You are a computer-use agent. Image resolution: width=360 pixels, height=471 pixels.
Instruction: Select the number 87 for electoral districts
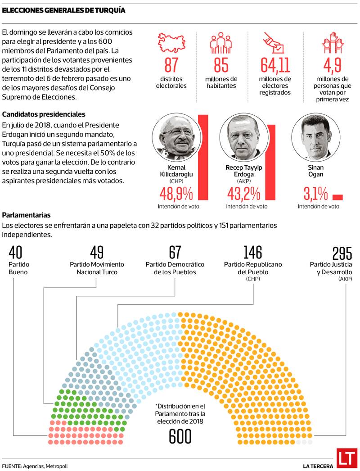(x=171, y=66)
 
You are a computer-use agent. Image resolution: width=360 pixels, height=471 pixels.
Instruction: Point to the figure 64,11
(x=275, y=66)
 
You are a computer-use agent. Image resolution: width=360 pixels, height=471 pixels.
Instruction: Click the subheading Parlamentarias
(x=26, y=215)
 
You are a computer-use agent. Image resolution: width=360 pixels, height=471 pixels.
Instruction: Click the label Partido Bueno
(x=18, y=268)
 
